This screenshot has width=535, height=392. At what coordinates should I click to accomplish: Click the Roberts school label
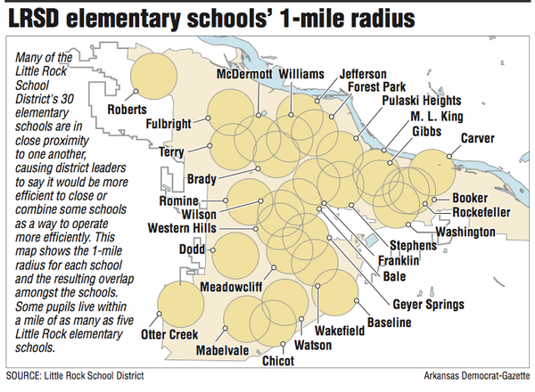tap(128, 110)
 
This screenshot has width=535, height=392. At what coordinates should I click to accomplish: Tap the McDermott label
tap(244, 75)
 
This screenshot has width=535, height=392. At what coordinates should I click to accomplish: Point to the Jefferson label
tap(362, 73)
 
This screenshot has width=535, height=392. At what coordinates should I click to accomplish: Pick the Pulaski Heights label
tap(407, 102)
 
